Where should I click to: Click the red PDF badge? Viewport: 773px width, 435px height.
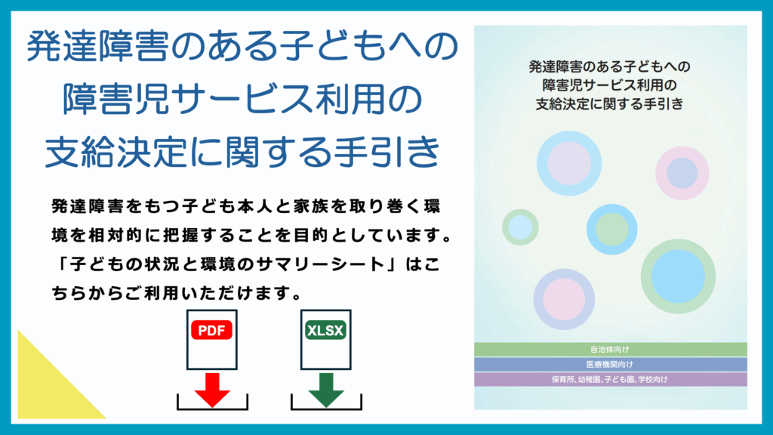[211, 331]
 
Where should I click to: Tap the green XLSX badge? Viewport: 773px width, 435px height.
[325, 331]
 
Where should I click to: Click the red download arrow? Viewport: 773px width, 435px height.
[212, 390]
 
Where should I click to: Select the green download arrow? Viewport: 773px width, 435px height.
[326, 390]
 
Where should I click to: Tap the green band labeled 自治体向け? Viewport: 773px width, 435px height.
[610, 349]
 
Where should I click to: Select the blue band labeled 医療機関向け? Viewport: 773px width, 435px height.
[610, 364]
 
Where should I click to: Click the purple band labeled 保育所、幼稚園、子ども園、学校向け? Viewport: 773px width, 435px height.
[610, 379]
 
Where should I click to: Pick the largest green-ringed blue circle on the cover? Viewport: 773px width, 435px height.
[678, 276]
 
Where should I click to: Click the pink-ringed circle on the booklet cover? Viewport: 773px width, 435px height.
[682, 173]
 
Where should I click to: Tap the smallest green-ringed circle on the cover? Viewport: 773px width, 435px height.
[520, 227]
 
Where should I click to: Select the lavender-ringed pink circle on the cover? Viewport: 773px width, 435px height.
[564, 299]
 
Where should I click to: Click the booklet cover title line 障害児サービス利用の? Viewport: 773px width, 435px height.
[610, 85]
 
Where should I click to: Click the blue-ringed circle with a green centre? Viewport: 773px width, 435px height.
[611, 230]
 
